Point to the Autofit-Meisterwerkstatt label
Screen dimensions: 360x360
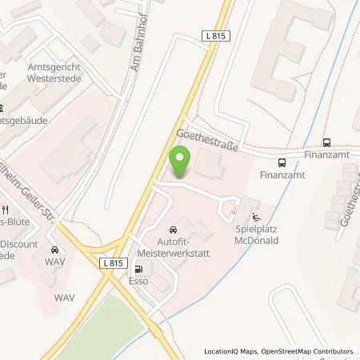click(x=177, y=246)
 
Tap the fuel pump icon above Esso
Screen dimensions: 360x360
click(x=140, y=270)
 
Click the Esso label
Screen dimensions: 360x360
click(x=140, y=282)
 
